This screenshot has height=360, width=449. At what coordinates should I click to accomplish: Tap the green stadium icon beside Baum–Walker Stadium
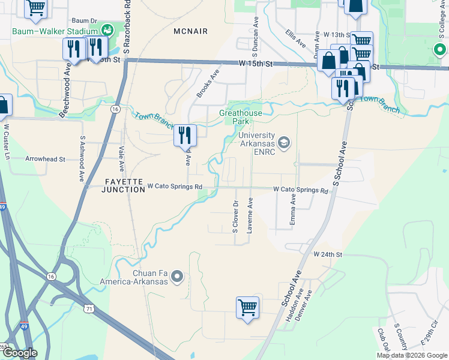107,29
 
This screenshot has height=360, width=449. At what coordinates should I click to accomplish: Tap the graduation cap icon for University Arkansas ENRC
283,142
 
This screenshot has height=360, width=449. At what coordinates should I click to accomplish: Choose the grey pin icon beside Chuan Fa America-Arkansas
176,276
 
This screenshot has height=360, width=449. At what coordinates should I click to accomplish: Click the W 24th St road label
328,254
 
